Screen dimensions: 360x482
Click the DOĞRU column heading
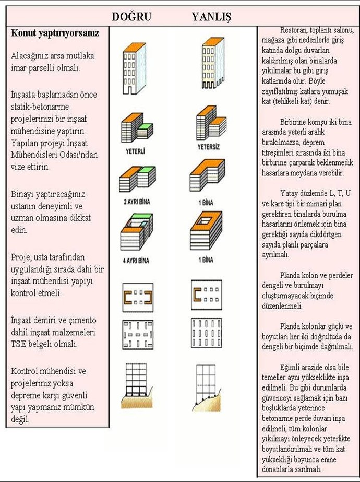pyautogui.click(x=131, y=16)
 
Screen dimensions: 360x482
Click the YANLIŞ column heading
pyautogui.click(x=211, y=17)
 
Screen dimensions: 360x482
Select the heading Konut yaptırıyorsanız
pyautogui.click(x=55, y=33)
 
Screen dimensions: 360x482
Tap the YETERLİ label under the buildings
pyautogui.click(x=135, y=151)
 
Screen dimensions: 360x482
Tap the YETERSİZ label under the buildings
pyautogui.click(x=209, y=147)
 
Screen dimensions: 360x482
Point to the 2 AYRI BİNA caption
pyautogui.click(x=137, y=202)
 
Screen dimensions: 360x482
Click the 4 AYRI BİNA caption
pyautogui.click(x=136, y=261)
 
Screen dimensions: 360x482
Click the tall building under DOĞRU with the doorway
pyautogui.click(x=134, y=68)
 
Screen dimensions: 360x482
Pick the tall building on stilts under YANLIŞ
pyautogui.click(x=213, y=63)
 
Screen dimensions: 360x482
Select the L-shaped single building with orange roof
pyautogui.click(x=207, y=175)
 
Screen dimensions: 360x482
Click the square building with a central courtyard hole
pyautogui.click(x=206, y=230)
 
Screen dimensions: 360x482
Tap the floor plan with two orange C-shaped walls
pyautogui.click(x=138, y=297)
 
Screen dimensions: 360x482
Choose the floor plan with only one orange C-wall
pyautogui.click(x=207, y=295)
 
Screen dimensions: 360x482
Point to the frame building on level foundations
pyautogui.click(x=137, y=386)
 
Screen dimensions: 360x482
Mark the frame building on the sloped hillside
pyautogui.click(x=207, y=387)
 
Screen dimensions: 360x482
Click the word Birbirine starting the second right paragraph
pyautogui.click(x=292, y=122)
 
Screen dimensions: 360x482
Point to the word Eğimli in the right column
pyautogui.click(x=290, y=368)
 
